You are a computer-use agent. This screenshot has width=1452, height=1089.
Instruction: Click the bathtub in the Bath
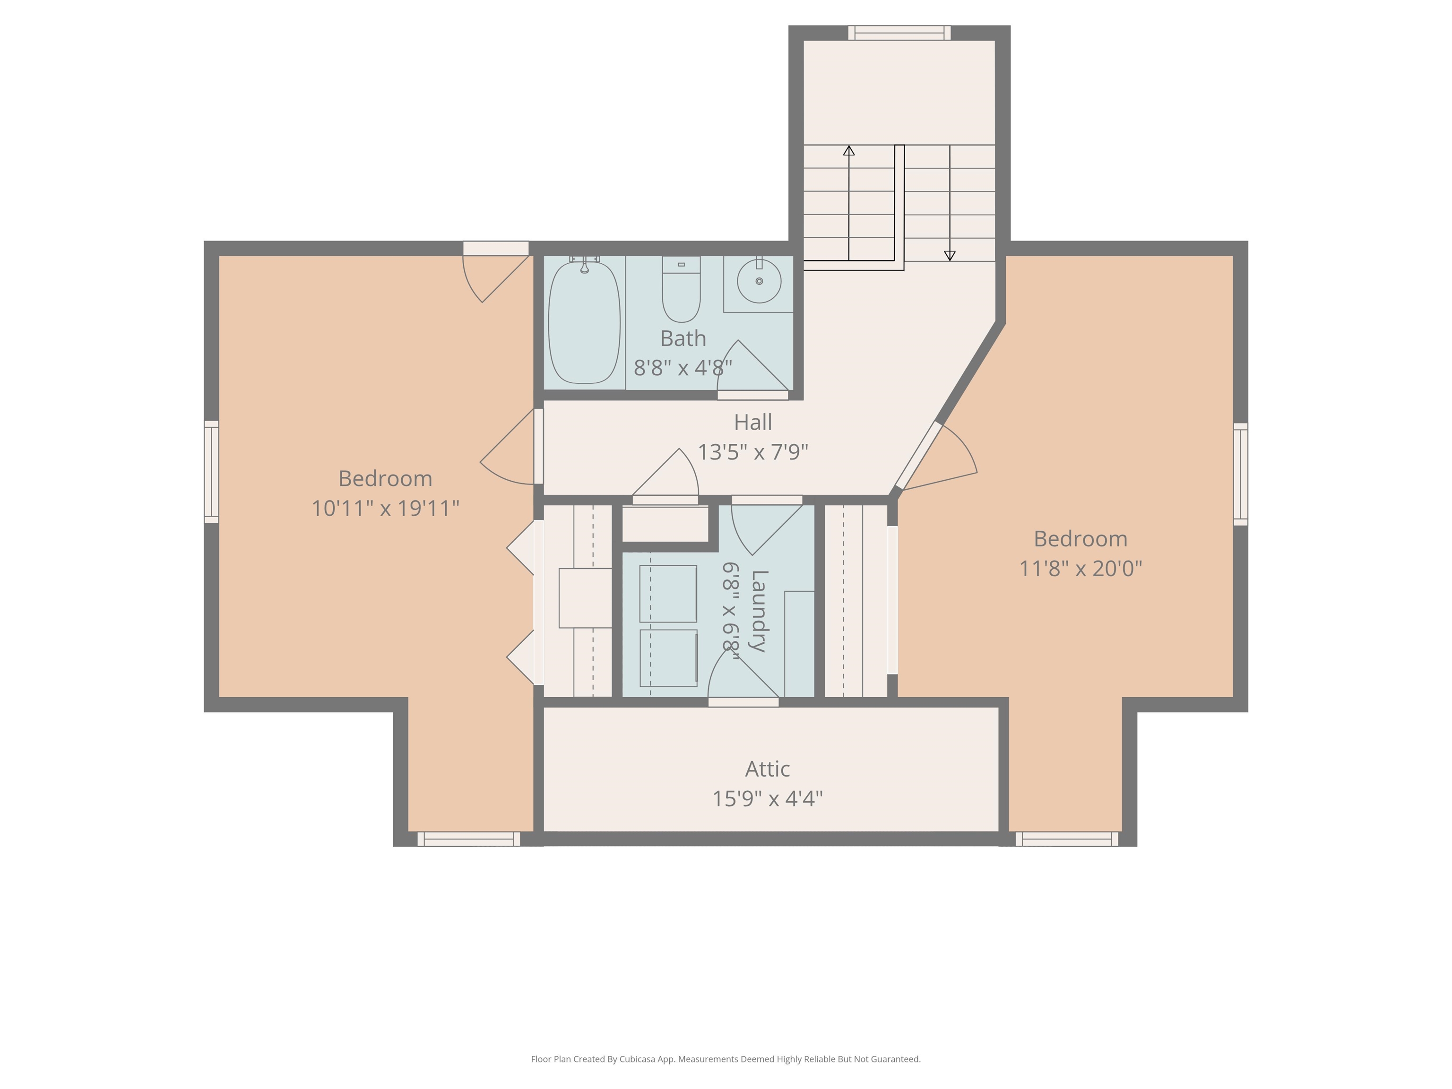click(584, 322)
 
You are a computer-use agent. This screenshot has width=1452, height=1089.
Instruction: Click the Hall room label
click(752, 422)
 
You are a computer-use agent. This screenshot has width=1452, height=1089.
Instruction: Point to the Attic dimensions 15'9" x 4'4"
click(767, 799)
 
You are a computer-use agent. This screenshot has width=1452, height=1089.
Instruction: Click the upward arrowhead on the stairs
click(849, 151)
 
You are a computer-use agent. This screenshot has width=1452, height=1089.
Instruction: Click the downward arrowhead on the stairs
click(949, 255)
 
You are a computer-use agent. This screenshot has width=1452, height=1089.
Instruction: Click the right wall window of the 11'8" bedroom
click(1240, 474)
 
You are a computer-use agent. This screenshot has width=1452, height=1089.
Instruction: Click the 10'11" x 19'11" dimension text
click(385, 509)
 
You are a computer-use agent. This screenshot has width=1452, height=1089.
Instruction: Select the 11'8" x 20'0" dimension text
click(1080, 569)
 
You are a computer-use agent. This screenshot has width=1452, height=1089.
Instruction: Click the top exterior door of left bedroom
click(496, 248)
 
